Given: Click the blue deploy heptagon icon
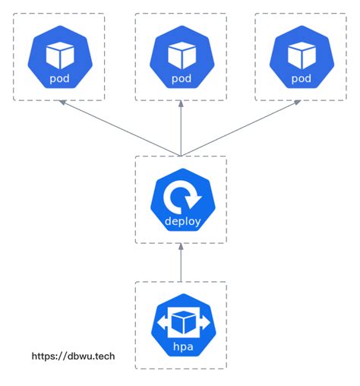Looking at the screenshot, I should (181, 201).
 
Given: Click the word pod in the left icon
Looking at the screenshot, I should (59, 78).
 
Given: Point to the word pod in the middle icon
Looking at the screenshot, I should (181, 78).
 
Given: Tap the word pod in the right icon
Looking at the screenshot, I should (301, 78).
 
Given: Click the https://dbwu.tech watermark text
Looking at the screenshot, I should (73, 355).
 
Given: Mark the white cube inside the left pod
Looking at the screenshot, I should (59, 53).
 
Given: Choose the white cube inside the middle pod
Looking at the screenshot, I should (181, 53).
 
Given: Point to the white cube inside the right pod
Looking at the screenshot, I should (301, 53).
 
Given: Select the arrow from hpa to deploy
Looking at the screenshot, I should (181, 263).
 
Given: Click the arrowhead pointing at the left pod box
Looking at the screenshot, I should (64, 106).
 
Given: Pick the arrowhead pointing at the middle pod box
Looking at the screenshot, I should (181, 107).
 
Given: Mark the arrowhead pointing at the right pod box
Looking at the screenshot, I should (297, 106).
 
